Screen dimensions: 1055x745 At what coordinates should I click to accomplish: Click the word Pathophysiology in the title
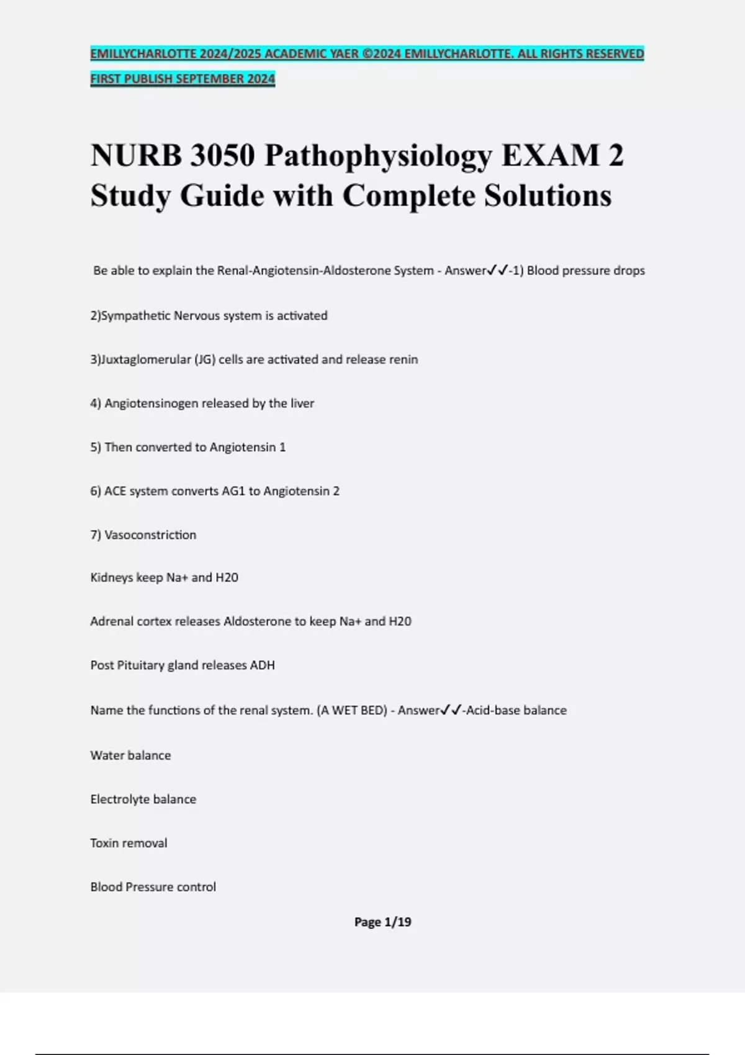(x=378, y=156)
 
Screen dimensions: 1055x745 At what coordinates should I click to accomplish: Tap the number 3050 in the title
(x=222, y=155)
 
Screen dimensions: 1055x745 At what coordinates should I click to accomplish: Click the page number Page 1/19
(x=382, y=922)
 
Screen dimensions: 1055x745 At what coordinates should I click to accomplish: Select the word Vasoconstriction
(x=150, y=535)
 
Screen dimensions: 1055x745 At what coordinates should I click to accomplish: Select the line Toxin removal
(x=129, y=843)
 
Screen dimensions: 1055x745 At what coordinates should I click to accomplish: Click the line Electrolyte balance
(x=143, y=799)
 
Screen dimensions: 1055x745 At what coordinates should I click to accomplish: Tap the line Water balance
(x=130, y=755)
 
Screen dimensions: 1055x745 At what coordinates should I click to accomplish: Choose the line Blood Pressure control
(x=153, y=887)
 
